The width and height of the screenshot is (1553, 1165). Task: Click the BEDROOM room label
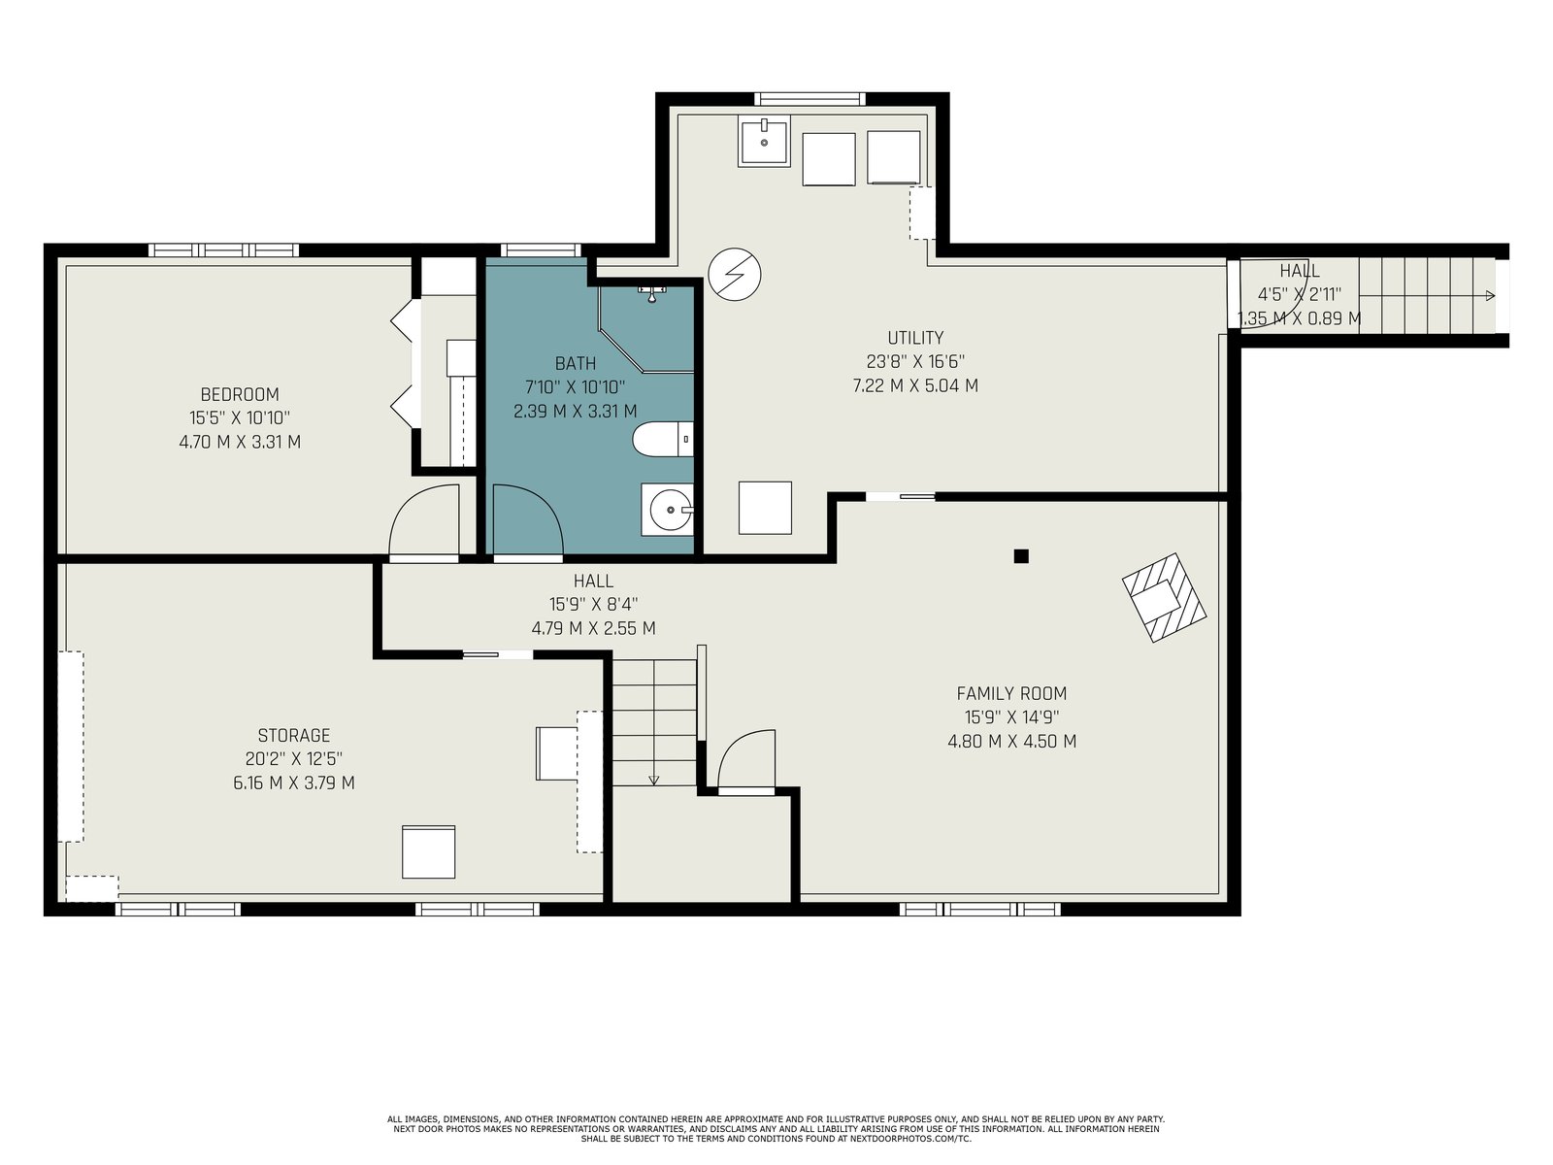[240, 394]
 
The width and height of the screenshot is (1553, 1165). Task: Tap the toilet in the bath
[663, 439]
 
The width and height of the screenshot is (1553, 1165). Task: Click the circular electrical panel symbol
[735, 274]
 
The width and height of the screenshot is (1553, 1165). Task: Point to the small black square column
[1021, 556]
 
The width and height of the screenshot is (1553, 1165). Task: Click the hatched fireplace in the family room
[1164, 597]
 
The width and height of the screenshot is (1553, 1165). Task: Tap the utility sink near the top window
[764, 142]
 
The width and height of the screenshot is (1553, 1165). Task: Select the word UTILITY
[915, 338]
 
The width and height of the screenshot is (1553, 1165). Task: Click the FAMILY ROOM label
[1011, 693]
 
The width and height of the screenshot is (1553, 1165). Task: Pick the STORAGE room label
[294, 735]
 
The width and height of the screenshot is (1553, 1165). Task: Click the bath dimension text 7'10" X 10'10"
[576, 387]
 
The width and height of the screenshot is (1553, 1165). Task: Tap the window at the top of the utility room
[810, 99]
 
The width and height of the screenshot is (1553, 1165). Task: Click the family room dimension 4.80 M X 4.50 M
[1011, 742]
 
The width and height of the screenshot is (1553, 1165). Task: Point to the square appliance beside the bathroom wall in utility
[765, 508]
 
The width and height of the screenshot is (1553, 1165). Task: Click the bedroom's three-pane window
[223, 250]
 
